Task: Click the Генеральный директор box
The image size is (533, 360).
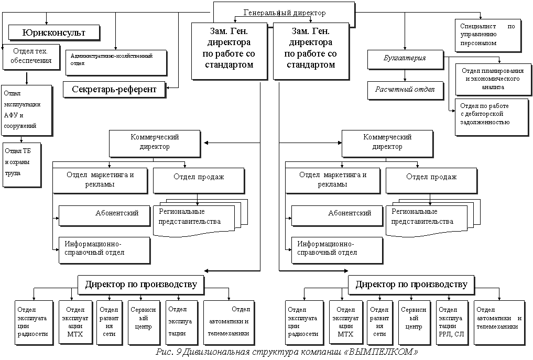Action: (285, 13)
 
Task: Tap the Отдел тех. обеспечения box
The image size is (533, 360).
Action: (31, 57)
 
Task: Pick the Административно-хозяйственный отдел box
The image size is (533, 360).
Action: (116, 61)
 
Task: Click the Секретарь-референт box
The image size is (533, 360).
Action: (114, 89)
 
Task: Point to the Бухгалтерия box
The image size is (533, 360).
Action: (405, 58)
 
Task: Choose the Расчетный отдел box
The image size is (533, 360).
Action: (405, 90)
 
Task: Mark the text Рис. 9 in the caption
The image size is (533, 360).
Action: (168, 352)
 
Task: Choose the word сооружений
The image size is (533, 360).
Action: (20, 126)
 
